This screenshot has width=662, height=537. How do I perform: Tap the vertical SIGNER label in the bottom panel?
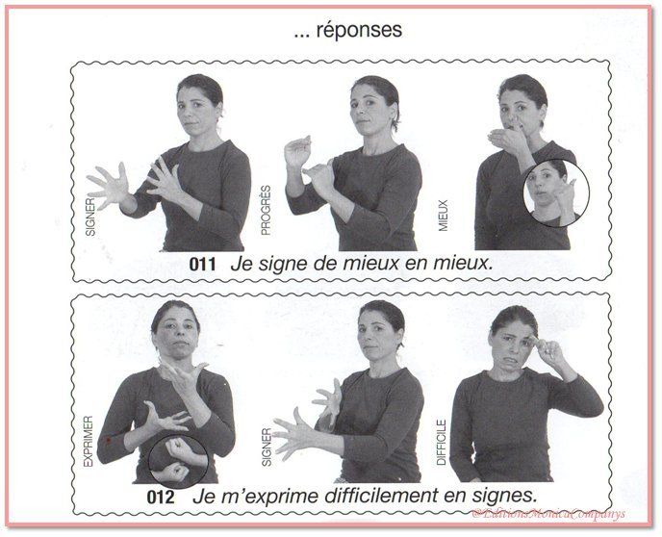[x=267, y=447]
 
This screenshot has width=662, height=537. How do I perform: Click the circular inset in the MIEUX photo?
[x=555, y=193]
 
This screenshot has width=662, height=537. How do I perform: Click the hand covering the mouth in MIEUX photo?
[x=507, y=138]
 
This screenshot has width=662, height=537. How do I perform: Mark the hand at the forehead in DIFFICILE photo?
[x=551, y=348]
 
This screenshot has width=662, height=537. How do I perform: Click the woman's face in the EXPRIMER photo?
[x=176, y=332]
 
